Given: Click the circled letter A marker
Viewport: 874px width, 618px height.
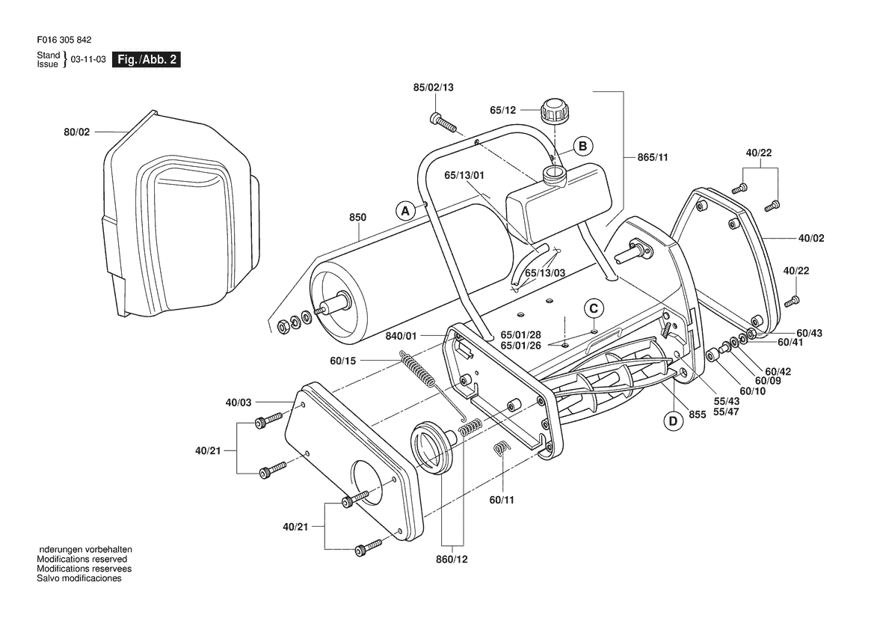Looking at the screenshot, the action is coord(406,212).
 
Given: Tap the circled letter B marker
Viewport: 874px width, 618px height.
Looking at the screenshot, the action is coord(583,146).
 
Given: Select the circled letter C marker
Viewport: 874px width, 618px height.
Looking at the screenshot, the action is coord(594,309).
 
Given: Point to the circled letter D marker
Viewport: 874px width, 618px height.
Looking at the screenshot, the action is coord(673,420).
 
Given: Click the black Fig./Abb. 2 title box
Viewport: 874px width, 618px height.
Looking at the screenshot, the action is coord(147,59).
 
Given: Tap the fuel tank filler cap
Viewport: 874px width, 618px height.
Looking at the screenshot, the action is coord(553,111).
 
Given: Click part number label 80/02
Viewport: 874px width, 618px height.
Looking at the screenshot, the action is coord(77,132).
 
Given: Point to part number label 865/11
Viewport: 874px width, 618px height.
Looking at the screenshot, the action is coord(653,157).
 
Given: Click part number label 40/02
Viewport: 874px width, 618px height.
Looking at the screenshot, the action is coord(811,238).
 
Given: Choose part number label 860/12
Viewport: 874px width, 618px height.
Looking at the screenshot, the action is coord(452,559).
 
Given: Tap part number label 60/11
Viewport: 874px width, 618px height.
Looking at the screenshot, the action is coord(502,500).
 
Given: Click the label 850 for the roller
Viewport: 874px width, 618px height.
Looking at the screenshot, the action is coord(358,217).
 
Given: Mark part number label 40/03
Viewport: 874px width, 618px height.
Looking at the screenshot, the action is coord(238,402).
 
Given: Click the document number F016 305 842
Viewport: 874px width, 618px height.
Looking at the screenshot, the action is coord(64,40).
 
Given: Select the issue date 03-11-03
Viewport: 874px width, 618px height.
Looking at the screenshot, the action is coord(88,59).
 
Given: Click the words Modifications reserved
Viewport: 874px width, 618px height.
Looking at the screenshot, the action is coord(82,559).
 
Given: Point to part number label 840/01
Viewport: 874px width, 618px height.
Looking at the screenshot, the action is coord(401,337).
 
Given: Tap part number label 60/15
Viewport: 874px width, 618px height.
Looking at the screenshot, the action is coord(343,361).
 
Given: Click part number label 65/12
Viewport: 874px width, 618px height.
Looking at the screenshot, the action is coord(502,111).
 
